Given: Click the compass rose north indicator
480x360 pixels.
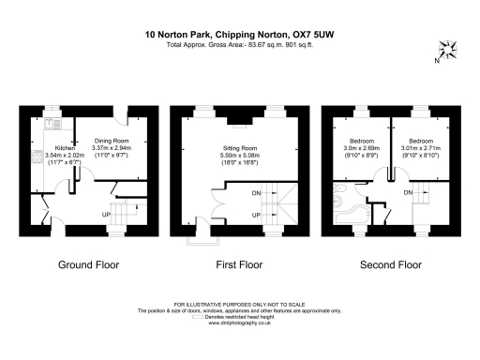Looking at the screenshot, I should [x=447, y=52].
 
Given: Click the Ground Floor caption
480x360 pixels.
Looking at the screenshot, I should [x=89, y=265].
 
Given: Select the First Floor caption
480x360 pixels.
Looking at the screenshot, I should [x=239, y=265].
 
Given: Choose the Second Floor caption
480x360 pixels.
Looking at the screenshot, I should [x=391, y=265].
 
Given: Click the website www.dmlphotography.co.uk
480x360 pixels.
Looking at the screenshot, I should [x=240, y=322].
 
